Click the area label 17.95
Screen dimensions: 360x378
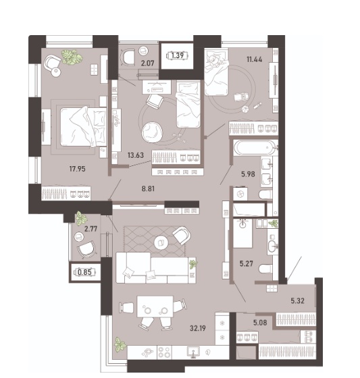coord(77,169)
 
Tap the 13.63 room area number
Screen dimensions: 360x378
coord(136,155)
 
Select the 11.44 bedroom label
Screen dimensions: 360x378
coord(255,59)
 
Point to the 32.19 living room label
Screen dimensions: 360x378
coord(198,328)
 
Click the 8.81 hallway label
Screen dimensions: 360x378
coord(148,188)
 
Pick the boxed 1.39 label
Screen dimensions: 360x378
coord(178,55)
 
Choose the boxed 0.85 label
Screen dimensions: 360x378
coord(85,272)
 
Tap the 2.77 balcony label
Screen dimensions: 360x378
coord(91,229)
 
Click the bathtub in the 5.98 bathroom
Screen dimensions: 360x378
coord(255,148)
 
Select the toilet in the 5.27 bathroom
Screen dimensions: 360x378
coord(265,269)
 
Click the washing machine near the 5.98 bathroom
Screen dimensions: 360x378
coord(240,194)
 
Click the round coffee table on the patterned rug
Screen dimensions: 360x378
coord(161,242)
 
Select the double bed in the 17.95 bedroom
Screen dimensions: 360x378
coord(83,127)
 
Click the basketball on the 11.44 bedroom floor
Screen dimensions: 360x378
coord(245,109)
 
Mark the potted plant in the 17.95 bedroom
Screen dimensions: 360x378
coord(72,57)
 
